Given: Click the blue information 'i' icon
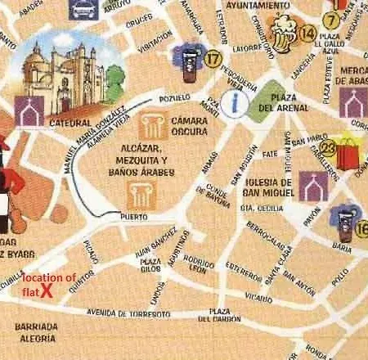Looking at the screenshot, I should point(237,101).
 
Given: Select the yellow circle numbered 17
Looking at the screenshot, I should point(213,59).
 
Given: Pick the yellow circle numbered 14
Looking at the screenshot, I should point(307,33).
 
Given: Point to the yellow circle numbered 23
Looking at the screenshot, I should point(329,147).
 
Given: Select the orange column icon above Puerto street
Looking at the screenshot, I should point(137,194).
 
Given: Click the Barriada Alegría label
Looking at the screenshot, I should point(36,331).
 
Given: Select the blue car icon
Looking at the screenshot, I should point(82,7).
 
